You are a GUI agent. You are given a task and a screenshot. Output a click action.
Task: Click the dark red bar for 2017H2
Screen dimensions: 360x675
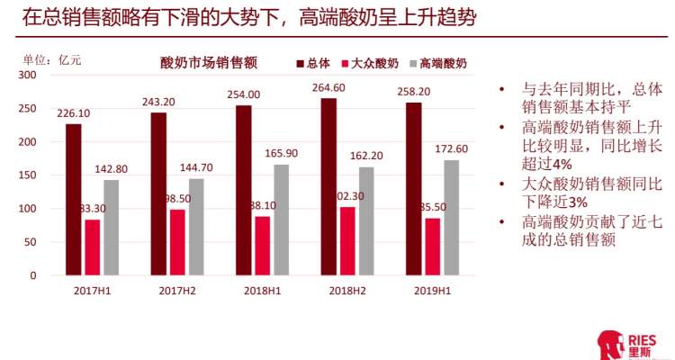pos(158,193)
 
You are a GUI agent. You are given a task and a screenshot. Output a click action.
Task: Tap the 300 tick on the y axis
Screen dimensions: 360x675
pos(26,76)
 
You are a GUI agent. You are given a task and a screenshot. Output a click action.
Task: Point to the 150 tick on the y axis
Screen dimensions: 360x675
pos(26,175)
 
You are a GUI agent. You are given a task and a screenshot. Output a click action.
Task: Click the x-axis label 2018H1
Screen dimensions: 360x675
pos(263,291)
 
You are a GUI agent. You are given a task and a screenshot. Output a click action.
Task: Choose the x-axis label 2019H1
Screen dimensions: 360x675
pos(432,291)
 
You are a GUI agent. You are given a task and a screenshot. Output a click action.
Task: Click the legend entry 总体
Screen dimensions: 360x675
pos(312,64)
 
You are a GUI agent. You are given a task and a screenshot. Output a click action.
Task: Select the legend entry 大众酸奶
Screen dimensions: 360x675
pos(369,64)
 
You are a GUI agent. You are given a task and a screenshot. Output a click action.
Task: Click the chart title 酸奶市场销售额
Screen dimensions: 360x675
pos(209,64)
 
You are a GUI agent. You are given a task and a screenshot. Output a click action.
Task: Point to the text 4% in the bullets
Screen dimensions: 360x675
pos(562,164)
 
